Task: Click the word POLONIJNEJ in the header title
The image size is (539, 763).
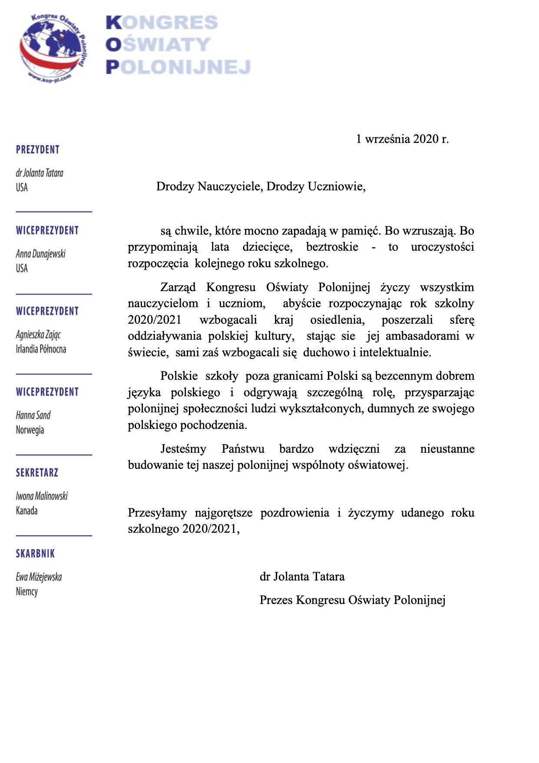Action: click(x=179, y=67)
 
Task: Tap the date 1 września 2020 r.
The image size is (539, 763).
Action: click(x=402, y=139)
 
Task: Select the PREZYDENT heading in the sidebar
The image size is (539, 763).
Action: click(x=38, y=150)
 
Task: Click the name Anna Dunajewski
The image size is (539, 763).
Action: click(x=41, y=254)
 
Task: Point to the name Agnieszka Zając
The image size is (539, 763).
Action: click(x=39, y=335)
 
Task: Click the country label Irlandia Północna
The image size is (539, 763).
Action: click(x=41, y=349)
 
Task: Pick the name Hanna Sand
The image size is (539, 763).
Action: click(x=33, y=415)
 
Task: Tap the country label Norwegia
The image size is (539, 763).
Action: click(x=30, y=430)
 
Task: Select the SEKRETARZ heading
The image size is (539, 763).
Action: click(x=37, y=473)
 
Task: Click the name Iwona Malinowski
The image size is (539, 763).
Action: click(x=42, y=496)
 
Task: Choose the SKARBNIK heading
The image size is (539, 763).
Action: click(x=36, y=554)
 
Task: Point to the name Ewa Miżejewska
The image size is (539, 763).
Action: click(x=39, y=577)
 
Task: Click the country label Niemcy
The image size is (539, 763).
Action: click(x=27, y=592)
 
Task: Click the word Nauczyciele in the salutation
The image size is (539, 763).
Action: click(x=230, y=187)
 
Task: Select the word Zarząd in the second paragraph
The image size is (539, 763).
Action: click(x=178, y=288)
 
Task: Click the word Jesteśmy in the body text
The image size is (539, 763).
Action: click(x=183, y=449)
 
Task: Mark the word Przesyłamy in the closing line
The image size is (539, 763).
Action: click(x=157, y=513)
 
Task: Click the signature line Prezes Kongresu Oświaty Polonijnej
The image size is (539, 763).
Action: click(x=353, y=600)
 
